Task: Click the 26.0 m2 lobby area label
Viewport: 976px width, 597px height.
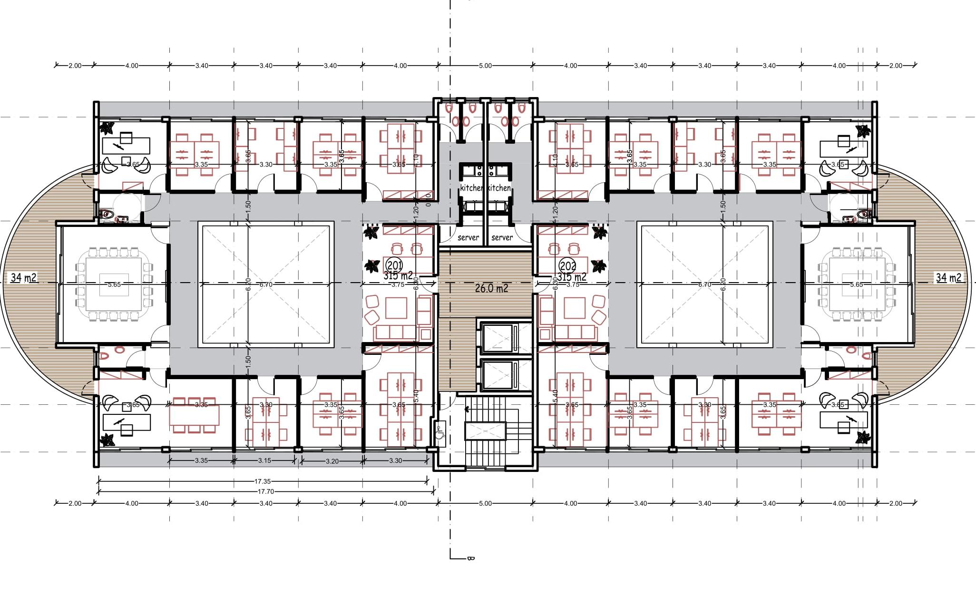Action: (x=491, y=288)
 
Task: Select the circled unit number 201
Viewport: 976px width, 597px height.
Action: (x=394, y=265)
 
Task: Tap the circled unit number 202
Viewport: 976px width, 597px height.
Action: (x=567, y=265)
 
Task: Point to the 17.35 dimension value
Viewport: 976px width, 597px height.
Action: (x=263, y=481)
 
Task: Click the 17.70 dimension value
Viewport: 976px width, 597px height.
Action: (x=266, y=491)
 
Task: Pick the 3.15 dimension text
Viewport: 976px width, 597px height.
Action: (x=264, y=460)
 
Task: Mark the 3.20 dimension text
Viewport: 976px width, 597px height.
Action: (x=332, y=461)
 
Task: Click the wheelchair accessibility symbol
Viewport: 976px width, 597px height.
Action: (x=439, y=432)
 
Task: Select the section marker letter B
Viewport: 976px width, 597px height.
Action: (x=470, y=558)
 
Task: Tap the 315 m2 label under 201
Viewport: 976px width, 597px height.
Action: (x=398, y=276)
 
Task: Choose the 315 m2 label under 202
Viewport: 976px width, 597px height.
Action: (x=572, y=277)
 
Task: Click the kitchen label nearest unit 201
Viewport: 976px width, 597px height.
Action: (x=471, y=188)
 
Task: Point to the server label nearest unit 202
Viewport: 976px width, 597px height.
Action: (x=502, y=237)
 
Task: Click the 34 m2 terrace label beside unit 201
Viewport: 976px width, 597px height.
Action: (x=24, y=277)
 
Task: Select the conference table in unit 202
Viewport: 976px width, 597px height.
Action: (x=856, y=284)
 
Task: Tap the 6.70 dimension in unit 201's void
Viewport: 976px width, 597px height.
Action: (x=265, y=284)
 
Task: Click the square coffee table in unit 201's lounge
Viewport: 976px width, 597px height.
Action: (x=396, y=308)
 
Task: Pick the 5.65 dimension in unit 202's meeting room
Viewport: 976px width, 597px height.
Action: (x=856, y=284)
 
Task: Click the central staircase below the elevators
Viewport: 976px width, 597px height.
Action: (x=492, y=431)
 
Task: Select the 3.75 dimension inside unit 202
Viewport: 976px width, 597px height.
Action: (x=573, y=284)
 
